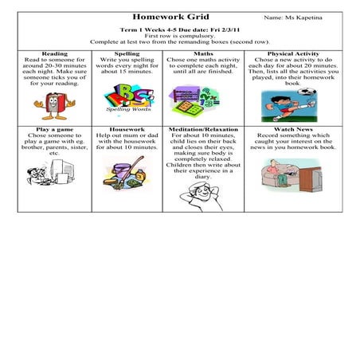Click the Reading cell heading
pos(55,53)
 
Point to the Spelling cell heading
pos(127,53)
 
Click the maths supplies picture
pos(193,100)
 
